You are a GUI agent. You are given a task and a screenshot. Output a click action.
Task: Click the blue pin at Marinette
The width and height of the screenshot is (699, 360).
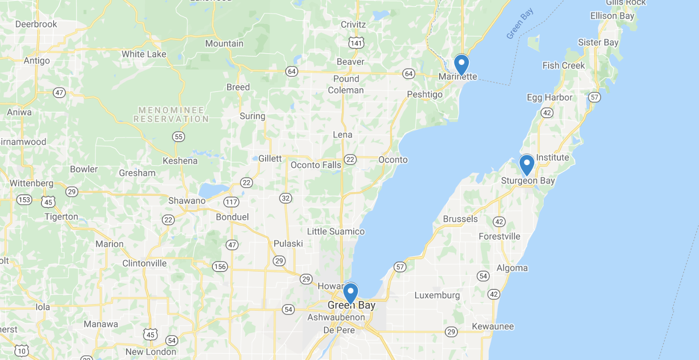click(461, 64)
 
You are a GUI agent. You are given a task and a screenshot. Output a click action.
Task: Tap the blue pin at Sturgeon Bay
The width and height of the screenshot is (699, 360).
click(527, 164)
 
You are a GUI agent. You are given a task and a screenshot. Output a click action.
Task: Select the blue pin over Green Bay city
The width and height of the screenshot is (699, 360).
click(350, 292)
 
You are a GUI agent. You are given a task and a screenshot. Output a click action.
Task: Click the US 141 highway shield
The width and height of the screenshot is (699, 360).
click(356, 43)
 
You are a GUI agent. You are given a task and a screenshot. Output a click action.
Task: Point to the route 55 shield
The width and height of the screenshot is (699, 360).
click(178, 137)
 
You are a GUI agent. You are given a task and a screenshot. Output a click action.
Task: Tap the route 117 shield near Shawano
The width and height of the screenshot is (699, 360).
click(231, 202)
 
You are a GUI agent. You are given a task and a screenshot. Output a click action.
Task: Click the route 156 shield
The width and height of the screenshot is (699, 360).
click(220, 267)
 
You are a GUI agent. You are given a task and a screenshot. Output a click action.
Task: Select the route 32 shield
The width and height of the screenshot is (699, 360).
click(286, 198)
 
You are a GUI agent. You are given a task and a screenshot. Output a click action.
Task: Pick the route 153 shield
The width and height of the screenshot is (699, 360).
click(24, 200)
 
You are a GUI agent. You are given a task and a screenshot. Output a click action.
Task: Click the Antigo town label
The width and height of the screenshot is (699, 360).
click(37, 61)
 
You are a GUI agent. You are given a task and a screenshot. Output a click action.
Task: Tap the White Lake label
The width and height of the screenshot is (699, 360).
click(144, 54)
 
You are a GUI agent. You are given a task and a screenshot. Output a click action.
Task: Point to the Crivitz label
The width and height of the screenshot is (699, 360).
click(353, 24)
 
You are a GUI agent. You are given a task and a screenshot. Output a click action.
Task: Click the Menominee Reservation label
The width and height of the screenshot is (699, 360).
click(171, 115)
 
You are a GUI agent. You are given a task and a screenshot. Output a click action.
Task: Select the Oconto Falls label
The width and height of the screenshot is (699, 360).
click(316, 165)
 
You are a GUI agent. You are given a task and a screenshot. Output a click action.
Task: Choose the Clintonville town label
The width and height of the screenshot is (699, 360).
click(144, 263)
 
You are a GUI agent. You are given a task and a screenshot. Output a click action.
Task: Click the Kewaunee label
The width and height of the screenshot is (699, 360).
click(493, 326)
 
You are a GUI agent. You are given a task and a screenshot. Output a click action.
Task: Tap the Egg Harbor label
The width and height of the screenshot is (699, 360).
click(549, 97)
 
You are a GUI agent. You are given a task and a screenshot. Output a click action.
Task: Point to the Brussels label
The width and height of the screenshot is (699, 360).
click(460, 219)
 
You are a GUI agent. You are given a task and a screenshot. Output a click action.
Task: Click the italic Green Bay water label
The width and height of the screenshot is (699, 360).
click(520, 24)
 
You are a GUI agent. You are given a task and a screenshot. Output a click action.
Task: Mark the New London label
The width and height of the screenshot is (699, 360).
click(151, 352)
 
